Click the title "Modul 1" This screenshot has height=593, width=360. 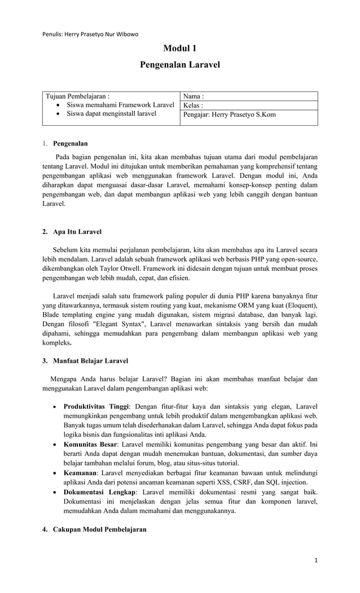[179, 49]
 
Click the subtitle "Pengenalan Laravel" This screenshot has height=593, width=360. [179, 65]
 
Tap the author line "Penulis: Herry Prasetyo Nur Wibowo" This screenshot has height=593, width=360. [90, 34]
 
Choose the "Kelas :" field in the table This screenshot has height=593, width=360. [193, 106]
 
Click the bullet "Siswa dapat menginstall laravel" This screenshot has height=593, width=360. [111, 114]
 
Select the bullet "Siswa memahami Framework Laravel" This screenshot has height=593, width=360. [120, 105]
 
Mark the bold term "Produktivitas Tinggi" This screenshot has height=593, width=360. [96, 406]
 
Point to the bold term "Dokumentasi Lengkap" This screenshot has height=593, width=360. [99, 492]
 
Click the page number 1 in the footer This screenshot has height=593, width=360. [317, 560]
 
